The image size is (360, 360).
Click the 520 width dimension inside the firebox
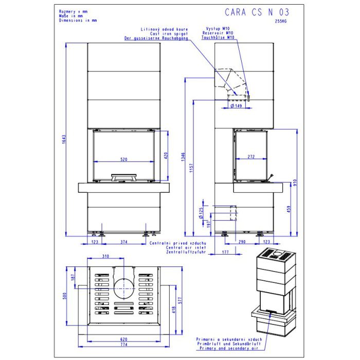pyautogui.click(x=124, y=160)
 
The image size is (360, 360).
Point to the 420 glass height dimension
pyautogui.click(x=166, y=155)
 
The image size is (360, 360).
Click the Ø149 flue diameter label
pyautogui.click(x=236, y=106)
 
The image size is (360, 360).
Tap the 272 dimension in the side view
pyautogui.click(x=251, y=156)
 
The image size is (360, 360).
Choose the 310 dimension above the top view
pyautogui.click(x=106, y=256)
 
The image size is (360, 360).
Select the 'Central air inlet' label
pyautogui.click(x=186, y=247)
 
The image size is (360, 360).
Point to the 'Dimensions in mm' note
pyautogui.click(x=78, y=20)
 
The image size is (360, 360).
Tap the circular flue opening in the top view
pyautogui.click(x=122, y=286)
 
